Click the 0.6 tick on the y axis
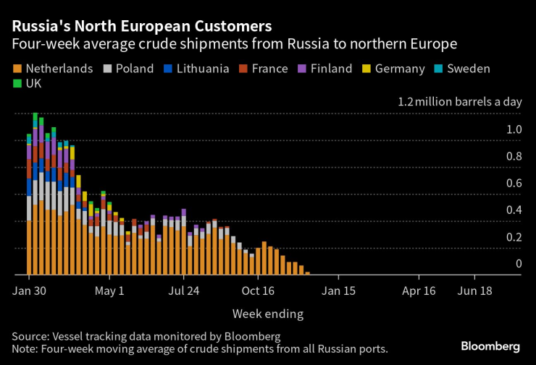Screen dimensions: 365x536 [x=514, y=183]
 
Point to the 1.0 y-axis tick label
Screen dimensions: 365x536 [x=514, y=129]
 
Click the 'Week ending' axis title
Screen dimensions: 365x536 [x=267, y=314]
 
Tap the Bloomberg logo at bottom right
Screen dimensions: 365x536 [x=490, y=346]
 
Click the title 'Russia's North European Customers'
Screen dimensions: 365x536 [x=142, y=26]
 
